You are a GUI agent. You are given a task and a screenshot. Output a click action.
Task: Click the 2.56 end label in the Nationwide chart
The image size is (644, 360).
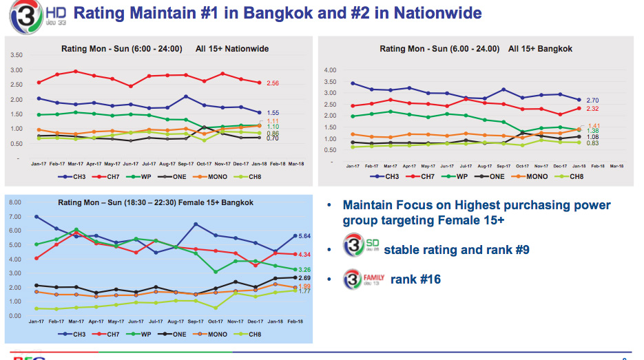pos(272,83)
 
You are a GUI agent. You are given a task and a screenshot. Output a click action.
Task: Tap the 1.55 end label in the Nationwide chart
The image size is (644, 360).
pos(272,112)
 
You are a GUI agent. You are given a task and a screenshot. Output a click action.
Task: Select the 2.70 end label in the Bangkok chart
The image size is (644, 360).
pos(592,100)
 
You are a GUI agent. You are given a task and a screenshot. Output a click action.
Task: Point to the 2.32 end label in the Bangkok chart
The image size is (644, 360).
pos(592,109)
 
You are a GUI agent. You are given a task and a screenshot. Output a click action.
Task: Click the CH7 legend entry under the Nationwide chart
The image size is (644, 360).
pos(109,177)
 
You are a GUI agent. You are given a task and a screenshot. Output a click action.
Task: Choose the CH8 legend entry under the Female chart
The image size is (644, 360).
pos(252,334)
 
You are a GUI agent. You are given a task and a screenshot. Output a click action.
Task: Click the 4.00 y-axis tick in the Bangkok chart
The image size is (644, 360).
pos(329,70)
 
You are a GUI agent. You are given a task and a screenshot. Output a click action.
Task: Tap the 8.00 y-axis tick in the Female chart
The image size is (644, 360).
pos(15,203)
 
